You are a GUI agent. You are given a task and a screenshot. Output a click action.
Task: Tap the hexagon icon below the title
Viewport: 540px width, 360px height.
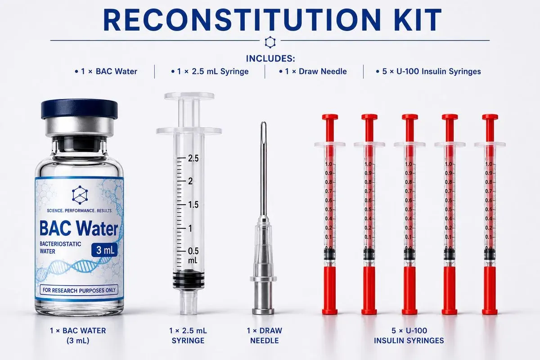click(270, 42)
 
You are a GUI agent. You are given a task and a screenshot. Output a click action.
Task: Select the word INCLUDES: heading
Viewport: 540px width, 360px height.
click(270, 58)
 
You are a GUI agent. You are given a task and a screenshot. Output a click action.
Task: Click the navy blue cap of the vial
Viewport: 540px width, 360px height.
click(79, 109)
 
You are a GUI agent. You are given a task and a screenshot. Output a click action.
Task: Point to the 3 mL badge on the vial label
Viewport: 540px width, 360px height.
click(104, 250)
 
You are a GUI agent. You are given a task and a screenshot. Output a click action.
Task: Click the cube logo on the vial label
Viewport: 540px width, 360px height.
click(80, 195)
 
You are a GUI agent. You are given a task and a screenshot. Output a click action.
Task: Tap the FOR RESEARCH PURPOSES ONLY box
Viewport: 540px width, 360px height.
click(79, 290)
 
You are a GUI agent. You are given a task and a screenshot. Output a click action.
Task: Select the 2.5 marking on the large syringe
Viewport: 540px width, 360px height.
click(193, 158)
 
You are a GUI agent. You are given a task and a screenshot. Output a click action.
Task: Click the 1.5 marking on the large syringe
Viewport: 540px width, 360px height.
click(193, 205)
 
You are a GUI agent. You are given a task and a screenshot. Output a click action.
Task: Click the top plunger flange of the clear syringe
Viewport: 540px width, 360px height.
click(189, 96)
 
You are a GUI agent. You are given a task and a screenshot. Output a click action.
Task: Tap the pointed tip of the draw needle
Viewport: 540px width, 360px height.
click(264, 122)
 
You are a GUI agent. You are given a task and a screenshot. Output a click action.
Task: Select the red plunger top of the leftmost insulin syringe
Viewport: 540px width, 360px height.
click(330, 117)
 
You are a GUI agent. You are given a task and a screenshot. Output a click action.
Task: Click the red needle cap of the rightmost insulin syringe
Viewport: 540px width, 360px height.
click(490, 290)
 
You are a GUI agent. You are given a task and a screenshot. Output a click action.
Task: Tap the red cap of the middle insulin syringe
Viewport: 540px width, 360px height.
click(409, 290)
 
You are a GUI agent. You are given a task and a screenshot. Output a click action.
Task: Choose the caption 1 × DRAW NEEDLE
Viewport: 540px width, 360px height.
click(264, 335)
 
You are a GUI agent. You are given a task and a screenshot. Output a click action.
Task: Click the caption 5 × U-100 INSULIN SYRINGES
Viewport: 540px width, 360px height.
click(409, 335)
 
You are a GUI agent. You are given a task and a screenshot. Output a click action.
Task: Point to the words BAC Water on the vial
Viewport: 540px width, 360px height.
click(79, 228)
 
